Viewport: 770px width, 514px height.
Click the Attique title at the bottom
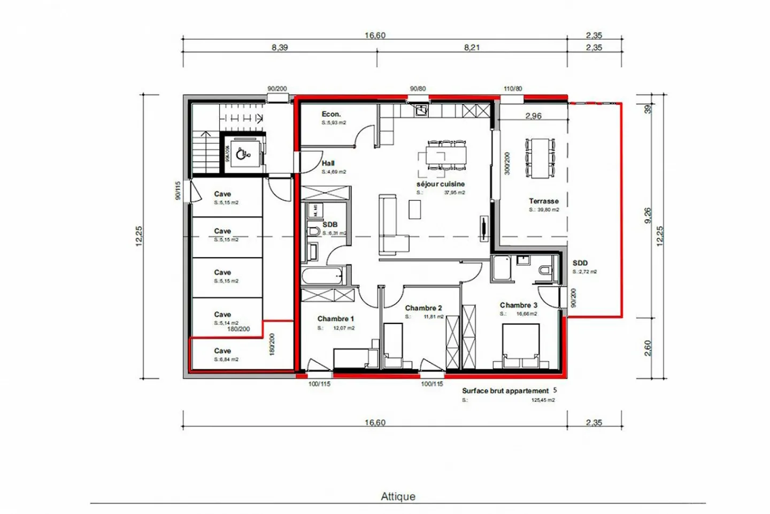pos(398,496)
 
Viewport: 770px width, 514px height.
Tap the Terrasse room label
pos(544,201)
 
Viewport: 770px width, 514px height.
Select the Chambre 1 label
pos(335,319)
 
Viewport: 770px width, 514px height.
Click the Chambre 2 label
pos(423,308)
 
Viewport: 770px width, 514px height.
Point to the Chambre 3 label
pos(519,305)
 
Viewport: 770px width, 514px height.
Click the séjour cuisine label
pos(441,184)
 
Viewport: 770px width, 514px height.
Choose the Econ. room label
pos(331,114)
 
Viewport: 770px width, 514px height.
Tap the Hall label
pos(328,163)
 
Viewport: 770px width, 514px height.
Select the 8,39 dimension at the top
pos(280,48)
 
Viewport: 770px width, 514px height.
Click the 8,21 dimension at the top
pos(472,48)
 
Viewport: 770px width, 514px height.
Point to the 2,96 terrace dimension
pos(533,116)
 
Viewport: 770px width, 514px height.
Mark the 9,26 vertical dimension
pos(648,215)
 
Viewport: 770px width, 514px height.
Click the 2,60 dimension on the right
pos(648,348)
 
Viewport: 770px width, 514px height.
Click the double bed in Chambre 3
pos(520,345)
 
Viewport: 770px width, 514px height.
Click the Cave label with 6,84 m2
pos(222,351)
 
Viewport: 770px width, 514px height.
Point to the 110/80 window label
pos(513,89)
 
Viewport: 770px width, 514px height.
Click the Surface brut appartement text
pos(505,391)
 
